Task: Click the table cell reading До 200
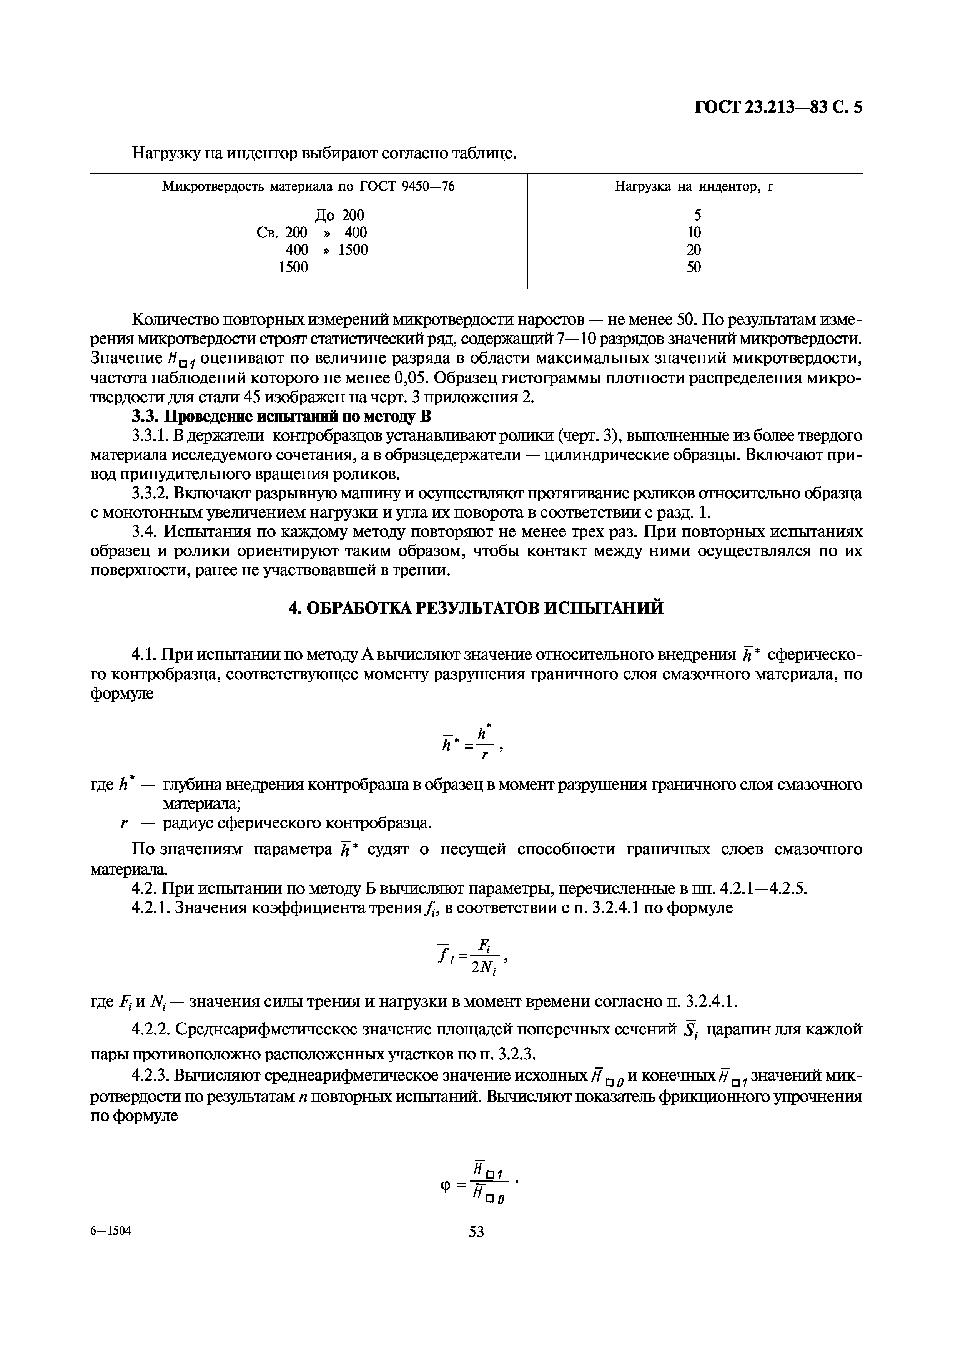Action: click(339, 215)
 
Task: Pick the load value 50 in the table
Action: click(694, 267)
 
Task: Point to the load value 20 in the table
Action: click(694, 249)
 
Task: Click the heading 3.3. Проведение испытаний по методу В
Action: click(281, 417)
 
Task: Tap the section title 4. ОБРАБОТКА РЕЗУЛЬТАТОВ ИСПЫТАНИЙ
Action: click(476, 607)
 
